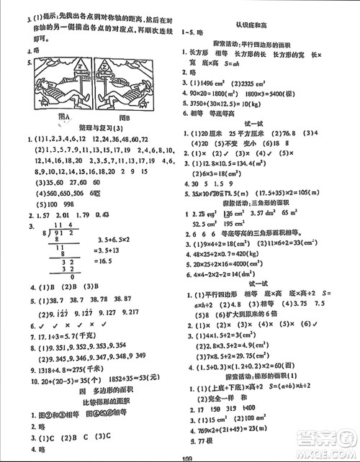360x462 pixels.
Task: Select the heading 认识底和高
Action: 271,26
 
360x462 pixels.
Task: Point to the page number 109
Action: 180,455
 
